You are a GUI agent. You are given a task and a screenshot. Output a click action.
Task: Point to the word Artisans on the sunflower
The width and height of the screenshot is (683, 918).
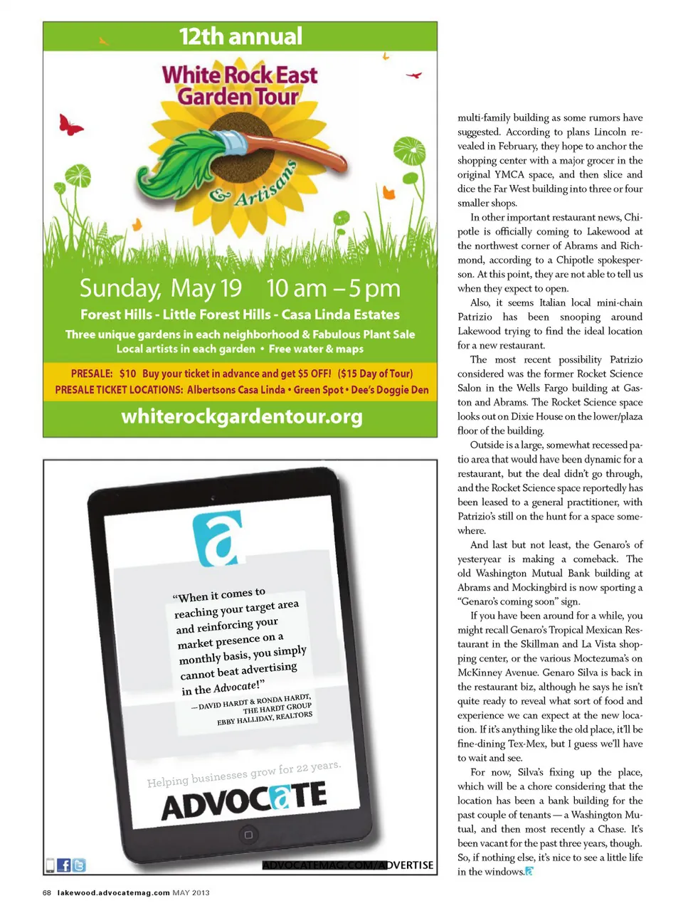click(263, 185)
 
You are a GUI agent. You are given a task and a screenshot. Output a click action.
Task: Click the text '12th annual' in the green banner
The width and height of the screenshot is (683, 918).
click(240, 36)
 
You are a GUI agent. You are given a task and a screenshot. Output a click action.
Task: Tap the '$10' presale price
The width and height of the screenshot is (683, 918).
click(127, 374)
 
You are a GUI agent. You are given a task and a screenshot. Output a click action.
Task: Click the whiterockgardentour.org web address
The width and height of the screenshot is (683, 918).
click(242, 416)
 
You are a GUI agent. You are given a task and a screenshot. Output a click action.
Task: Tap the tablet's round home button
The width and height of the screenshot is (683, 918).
click(248, 835)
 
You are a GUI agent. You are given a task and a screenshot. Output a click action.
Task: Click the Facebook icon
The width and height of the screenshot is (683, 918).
click(63, 865)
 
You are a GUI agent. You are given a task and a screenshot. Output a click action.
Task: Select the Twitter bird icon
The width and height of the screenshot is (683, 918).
click(79, 865)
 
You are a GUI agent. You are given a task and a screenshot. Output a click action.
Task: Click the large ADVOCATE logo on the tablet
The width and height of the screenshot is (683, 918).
click(244, 800)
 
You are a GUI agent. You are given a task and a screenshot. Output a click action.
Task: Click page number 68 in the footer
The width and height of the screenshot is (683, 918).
click(47, 892)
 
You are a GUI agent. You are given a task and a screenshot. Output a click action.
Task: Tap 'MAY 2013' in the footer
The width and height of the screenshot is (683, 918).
click(191, 892)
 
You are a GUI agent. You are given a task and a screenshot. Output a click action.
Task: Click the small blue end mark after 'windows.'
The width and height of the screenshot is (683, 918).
click(529, 872)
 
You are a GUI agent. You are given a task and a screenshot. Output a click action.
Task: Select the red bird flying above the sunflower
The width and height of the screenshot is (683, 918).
click(413, 74)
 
